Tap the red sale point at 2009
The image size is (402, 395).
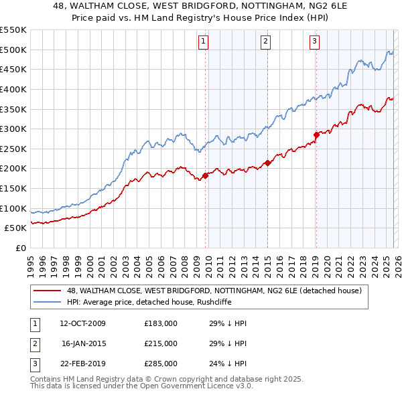pos(206,176)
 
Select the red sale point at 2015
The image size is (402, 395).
pos(267,163)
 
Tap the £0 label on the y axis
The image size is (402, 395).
pos(20,248)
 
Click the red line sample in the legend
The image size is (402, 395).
pos(48,291)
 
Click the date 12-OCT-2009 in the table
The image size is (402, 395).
pos(82,323)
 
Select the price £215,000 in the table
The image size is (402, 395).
pos(161,343)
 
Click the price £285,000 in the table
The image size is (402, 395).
pos(161,364)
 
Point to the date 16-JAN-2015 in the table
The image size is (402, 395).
pos(82,343)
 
